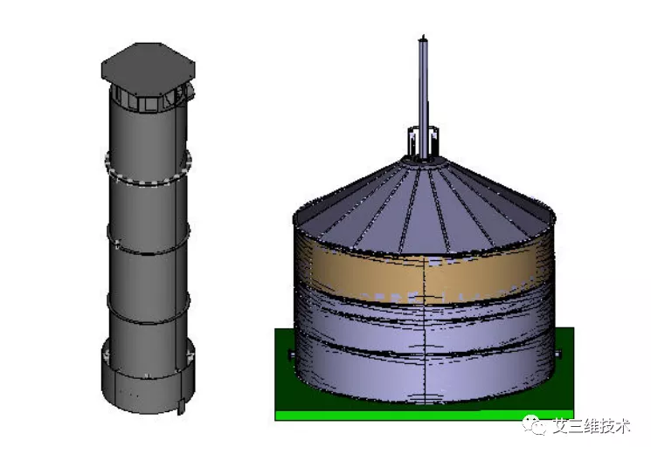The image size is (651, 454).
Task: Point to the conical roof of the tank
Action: pyautogui.click(x=424, y=205)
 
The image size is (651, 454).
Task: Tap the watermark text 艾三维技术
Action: pyautogui.click(x=592, y=426)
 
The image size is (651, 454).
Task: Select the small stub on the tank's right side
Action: pyautogui.click(x=558, y=354)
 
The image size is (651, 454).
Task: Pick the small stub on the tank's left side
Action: pyautogui.click(x=291, y=354)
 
